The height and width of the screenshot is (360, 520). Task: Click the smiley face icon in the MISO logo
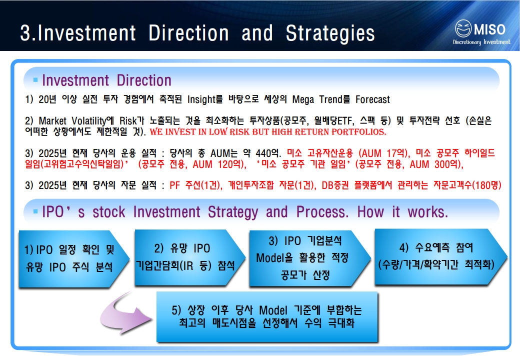[463, 28]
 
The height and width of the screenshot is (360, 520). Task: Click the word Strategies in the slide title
[330, 33]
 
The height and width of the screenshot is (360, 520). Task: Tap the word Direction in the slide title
[188, 33]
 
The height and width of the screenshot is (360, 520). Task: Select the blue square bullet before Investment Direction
[35, 80]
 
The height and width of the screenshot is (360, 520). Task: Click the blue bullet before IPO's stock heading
[35, 211]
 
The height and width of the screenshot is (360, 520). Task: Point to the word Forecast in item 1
[373, 99]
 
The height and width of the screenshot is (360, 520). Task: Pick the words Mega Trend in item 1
[317, 99]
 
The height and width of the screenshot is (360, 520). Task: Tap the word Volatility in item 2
[89, 120]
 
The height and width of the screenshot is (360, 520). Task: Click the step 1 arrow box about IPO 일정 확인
[73, 258]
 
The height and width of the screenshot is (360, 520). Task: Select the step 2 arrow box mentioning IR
[189, 257]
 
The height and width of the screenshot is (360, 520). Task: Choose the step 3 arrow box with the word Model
[309, 258]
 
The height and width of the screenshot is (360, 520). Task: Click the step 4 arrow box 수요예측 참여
[440, 256]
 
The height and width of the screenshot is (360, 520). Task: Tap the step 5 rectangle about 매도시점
[267, 316]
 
